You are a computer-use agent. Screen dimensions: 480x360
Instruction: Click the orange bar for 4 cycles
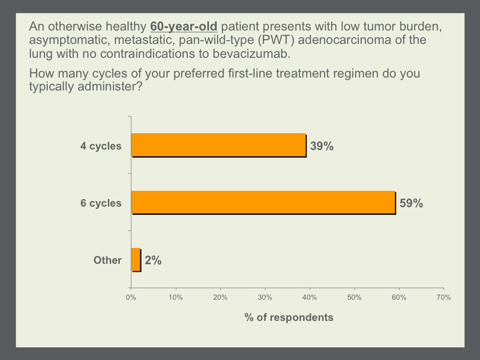pos(218,145)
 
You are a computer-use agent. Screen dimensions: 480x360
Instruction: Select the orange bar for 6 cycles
pos(263,202)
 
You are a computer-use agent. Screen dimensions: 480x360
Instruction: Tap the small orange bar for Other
pos(136,259)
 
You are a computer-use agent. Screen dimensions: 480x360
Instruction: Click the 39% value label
pos(322,146)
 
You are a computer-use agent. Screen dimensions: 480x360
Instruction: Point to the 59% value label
pos(411,203)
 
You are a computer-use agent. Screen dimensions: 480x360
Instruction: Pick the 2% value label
pos(153,260)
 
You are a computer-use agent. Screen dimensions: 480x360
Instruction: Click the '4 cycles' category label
pos(101,146)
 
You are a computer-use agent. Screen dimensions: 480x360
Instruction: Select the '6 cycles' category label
pos(101,203)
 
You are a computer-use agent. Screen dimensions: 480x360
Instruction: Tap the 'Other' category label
pos(107,260)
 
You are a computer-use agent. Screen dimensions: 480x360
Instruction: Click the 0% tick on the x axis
pos(131,297)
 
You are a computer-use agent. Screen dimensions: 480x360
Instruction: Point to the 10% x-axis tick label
pos(176,297)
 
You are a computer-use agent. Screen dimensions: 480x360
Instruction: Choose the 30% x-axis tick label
pos(265,297)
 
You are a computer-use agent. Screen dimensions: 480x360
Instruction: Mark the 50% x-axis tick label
pos(355,297)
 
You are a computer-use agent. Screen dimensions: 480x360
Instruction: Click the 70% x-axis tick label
pos(444,297)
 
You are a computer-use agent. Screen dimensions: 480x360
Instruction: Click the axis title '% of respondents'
pos(289,317)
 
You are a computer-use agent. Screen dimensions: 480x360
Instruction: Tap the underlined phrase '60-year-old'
pos(184,26)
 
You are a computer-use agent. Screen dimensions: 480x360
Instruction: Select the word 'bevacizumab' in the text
pos(251,53)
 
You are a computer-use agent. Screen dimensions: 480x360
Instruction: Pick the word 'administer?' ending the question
pos(110,86)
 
